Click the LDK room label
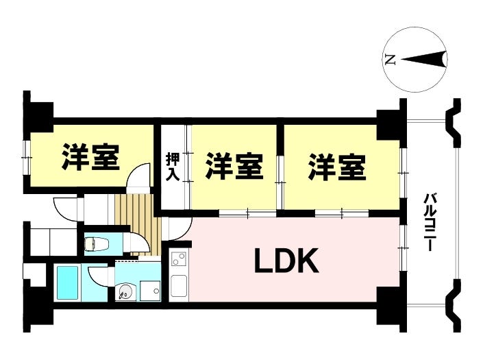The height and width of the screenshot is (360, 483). pos(286,261)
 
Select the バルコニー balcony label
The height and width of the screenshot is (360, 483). pos(429,221)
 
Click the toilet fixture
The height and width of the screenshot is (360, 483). pos(97,243)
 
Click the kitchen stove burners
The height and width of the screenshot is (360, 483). pos(179,259)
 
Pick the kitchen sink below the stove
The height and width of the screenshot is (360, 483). pos(179,286)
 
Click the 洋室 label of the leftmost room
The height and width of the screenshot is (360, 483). pos(90,157)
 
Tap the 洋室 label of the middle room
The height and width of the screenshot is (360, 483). pos(234,167)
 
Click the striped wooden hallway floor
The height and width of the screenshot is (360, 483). pos(138,224)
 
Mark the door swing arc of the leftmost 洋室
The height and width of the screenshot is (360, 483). pos(138,176)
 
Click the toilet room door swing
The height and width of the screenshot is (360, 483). pos(138,242)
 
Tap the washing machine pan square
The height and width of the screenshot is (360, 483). pos(150,290)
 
